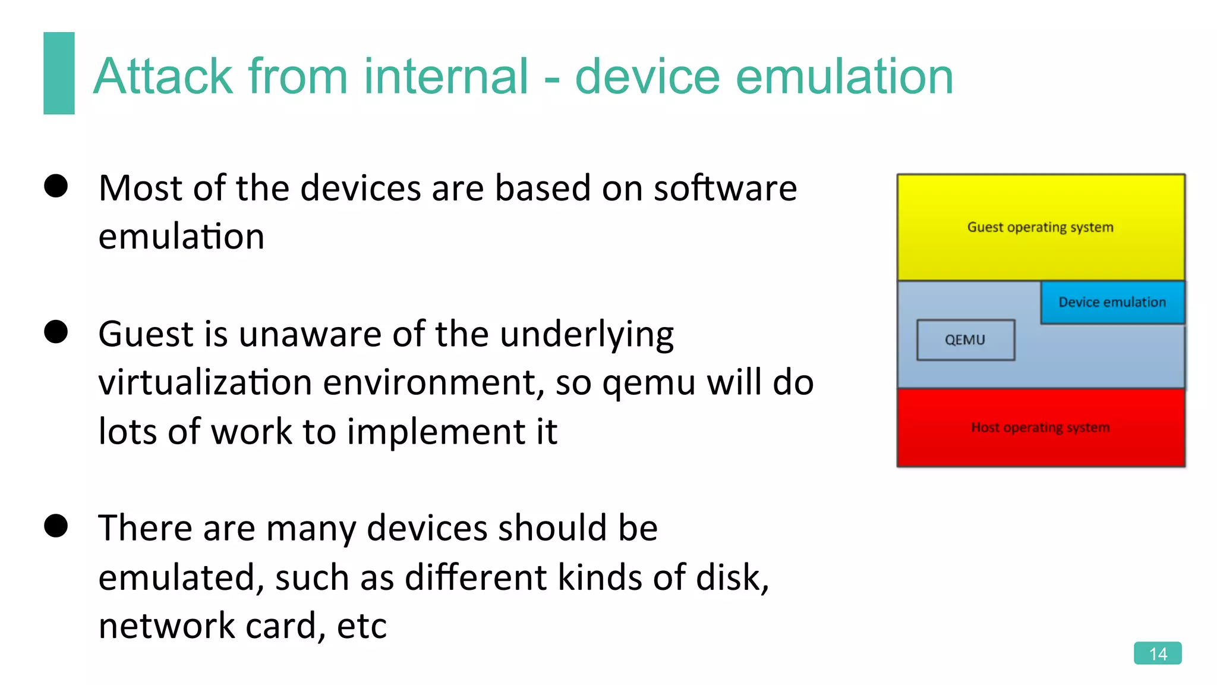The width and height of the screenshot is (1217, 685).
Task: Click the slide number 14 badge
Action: pyautogui.click(x=1157, y=653)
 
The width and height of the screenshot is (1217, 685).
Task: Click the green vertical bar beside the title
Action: pyautogui.click(x=59, y=73)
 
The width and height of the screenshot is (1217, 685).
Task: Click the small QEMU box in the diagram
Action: pyautogui.click(x=965, y=340)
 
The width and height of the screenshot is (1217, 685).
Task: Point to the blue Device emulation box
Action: pyautogui.click(x=1112, y=302)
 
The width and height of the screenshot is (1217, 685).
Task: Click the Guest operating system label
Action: pyautogui.click(x=1040, y=227)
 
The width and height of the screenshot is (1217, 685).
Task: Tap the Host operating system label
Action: pyautogui.click(x=1040, y=428)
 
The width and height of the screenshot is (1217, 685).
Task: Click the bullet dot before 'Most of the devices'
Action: pyautogui.click(x=56, y=186)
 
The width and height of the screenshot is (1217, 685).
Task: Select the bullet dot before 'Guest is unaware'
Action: pyautogui.click(x=56, y=332)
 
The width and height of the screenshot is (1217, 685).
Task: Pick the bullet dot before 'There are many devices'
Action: pyautogui.click(x=56, y=526)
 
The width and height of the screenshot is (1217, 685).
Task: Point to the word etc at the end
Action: pyautogui.click(x=362, y=626)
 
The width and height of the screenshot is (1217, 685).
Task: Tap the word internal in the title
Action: pyautogui.click(x=446, y=77)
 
